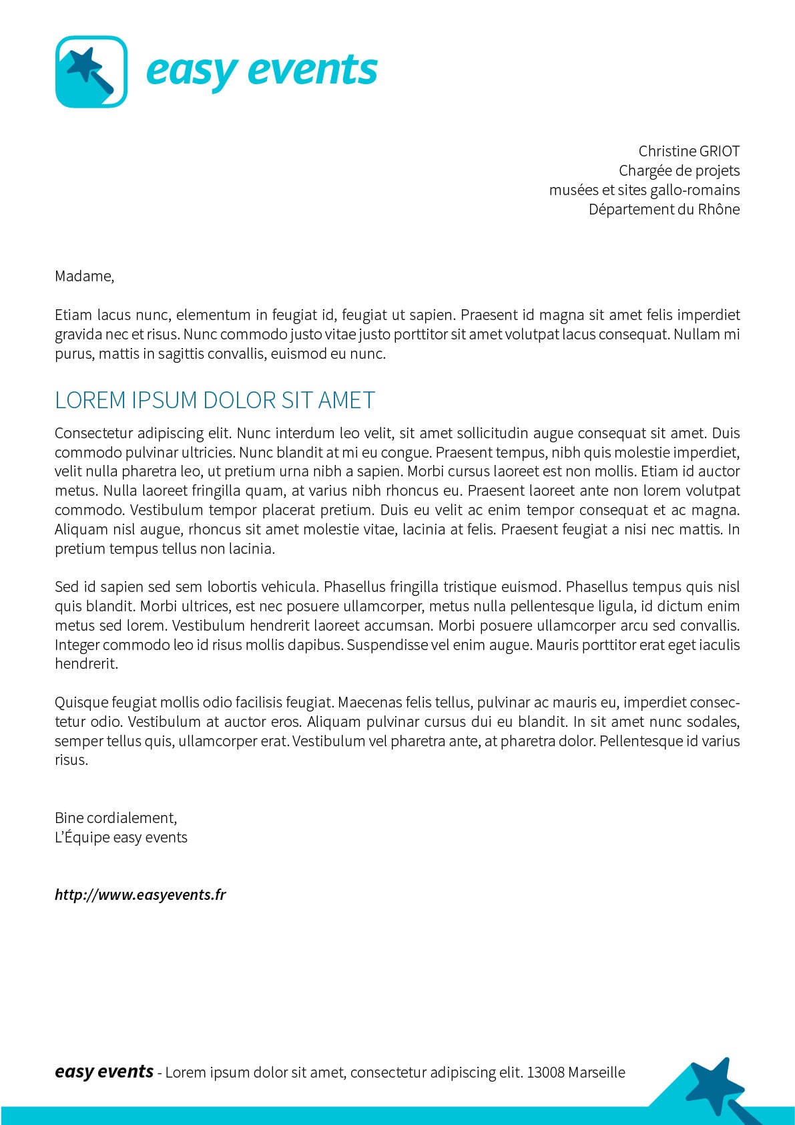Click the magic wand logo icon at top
pyautogui.click(x=91, y=71)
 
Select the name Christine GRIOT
pyautogui.click(x=689, y=151)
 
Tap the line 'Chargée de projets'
pyautogui.click(x=679, y=170)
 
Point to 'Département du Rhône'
pyautogui.click(x=664, y=209)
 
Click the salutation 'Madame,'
pyautogui.click(x=85, y=276)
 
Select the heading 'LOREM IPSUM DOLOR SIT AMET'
pyautogui.click(x=215, y=400)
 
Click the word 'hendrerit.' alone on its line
pyautogui.click(x=87, y=664)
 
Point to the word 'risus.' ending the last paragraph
pyautogui.click(x=71, y=760)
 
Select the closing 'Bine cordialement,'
pyautogui.click(x=116, y=818)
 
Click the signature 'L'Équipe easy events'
pyautogui.click(x=121, y=837)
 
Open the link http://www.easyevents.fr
pyautogui.click(x=140, y=895)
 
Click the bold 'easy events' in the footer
pyautogui.click(x=104, y=1072)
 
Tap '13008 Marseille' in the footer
pyautogui.click(x=576, y=1072)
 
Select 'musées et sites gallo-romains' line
pyautogui.click(x=644, y=190)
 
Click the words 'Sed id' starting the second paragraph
pyautogui.click(x=75, y=587)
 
